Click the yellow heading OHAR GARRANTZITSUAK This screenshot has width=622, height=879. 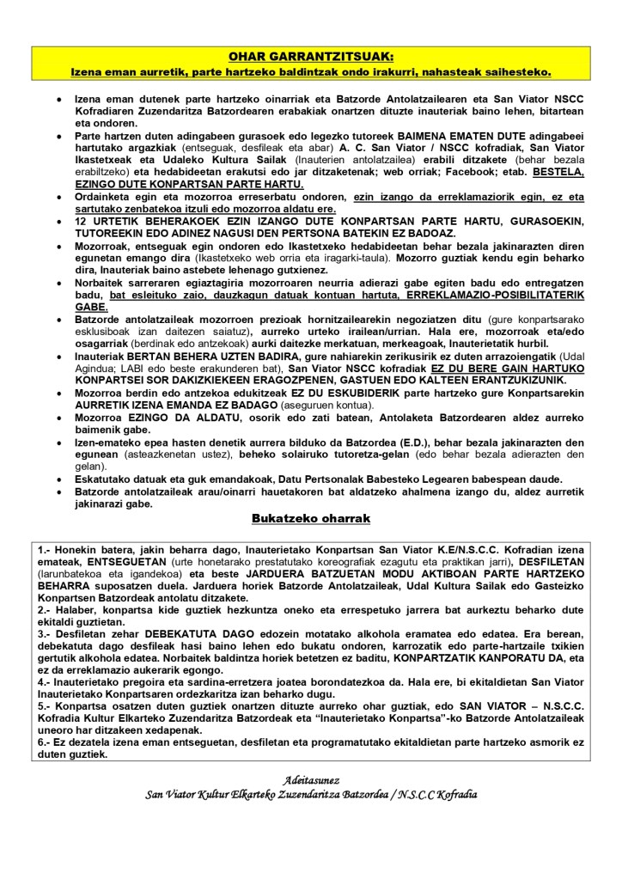[310, 56]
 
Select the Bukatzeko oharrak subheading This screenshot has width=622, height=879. [310, 519]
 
